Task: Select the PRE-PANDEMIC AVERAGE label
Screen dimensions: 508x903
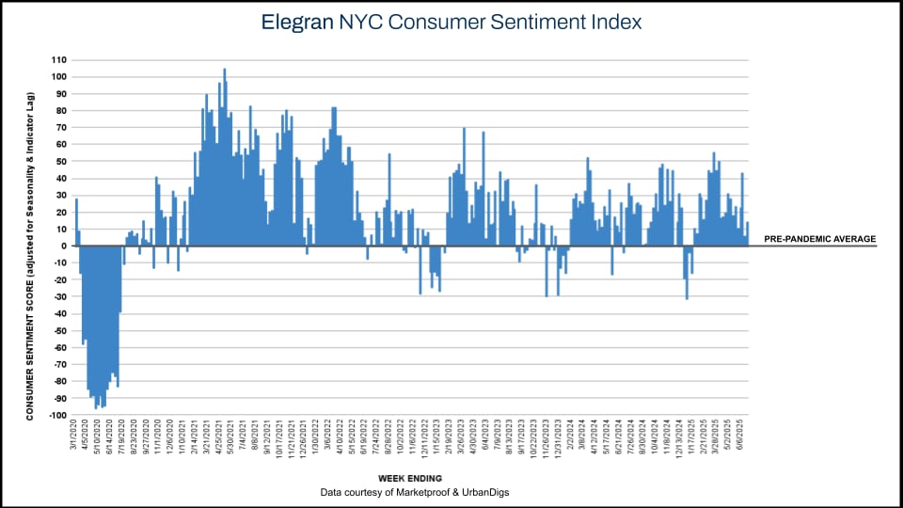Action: (819, 239)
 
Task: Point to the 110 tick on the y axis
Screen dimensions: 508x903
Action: (58, 59)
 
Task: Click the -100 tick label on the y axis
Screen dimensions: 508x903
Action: (56, 415)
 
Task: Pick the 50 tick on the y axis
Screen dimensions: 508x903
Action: (61, 161)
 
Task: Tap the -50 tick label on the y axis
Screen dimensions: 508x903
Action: (59, 330)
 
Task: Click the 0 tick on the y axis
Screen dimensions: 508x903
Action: (64, 246)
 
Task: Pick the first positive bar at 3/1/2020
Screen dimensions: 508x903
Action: (76, 222)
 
